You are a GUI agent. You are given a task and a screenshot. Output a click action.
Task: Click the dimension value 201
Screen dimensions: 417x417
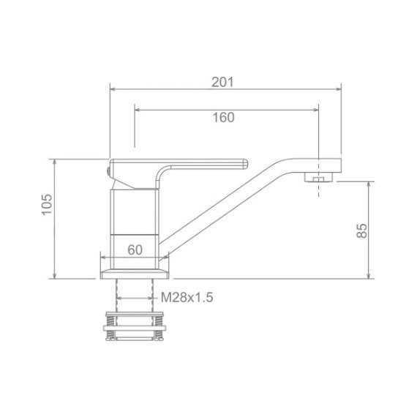click(222, 82)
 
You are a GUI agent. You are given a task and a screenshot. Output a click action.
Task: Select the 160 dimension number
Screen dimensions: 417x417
click(224, 118)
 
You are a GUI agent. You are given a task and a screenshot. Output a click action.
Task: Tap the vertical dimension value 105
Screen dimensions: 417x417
click(48, 205)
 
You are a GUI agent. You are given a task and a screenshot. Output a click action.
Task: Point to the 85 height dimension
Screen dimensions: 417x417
click(361, 230)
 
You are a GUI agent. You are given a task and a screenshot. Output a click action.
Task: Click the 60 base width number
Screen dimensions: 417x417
click(135, 250)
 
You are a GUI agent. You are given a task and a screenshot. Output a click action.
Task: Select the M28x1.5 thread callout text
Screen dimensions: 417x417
click(187, 297)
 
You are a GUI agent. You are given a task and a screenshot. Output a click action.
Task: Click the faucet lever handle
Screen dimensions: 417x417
click(179, 173)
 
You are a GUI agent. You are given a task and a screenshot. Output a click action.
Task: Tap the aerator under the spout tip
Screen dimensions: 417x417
click(318, 177)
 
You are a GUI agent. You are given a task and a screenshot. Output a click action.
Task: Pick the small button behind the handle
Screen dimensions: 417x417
click(108, 171)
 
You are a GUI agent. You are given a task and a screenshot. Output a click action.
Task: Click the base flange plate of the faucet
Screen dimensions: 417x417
click(135, 274)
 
